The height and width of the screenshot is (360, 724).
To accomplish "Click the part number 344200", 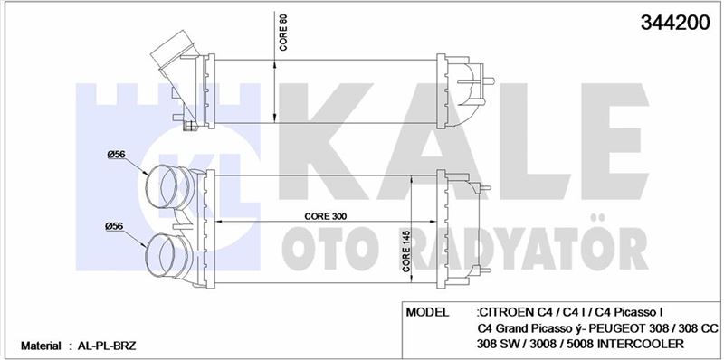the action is [x=674, y=22].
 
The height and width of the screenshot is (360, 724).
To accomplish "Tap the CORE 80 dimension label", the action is [x=284, y=32].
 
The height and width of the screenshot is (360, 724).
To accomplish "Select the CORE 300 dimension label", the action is [x=326, y=216].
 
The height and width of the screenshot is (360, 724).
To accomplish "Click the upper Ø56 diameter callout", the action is [x=117, y=155].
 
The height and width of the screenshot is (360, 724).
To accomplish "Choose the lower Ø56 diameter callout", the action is [x=115, y=226].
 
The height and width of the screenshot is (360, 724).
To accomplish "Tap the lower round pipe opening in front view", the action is [x=161, y=258].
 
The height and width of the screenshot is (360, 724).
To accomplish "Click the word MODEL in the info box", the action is [x=427, y=312].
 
